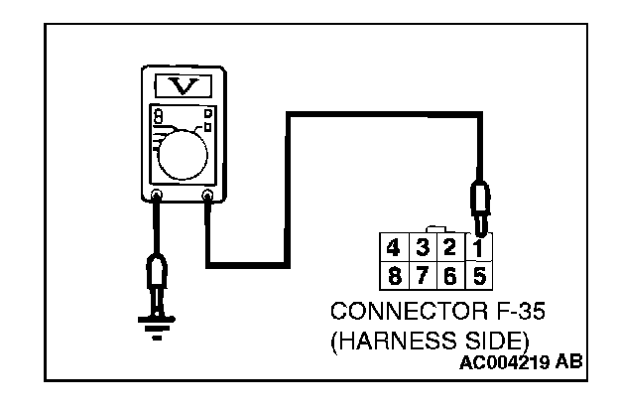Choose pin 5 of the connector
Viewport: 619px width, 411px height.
479,275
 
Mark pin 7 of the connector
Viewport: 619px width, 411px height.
422,275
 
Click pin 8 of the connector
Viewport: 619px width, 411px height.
394,275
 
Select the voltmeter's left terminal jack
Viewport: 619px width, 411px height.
157,195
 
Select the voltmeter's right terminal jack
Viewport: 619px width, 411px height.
207,195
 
